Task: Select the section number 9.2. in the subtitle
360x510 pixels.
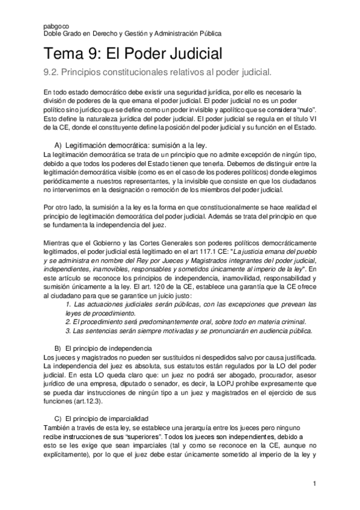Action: (53, 73)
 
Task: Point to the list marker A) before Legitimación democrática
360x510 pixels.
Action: (58, 146)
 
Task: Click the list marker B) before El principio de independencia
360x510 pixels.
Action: (58, 349)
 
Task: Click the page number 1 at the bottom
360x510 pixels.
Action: (314, 483)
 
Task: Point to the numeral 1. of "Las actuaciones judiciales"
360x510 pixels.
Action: (69, 305)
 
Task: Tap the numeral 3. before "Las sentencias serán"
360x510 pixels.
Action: (69, 331)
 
